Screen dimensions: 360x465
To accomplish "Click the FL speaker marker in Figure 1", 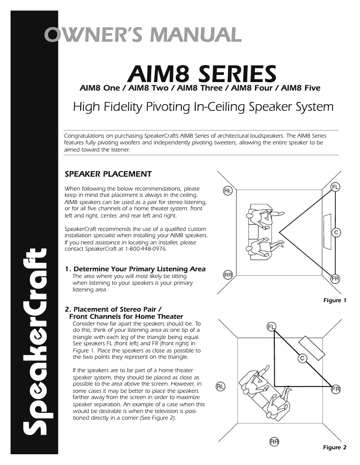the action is pos(335,187).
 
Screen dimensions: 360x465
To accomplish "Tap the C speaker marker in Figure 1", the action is pos(335,232).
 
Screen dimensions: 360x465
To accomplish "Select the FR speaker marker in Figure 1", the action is pos(335,278).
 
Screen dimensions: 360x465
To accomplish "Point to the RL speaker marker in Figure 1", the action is pos(228,191).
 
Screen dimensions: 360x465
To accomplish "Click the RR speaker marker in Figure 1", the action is pos(228,275).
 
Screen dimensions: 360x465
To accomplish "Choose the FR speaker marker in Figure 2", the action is pos(336,389).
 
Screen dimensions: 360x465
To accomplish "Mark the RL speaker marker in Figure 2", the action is pos(220,386).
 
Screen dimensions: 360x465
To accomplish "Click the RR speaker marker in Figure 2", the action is pos(274,442).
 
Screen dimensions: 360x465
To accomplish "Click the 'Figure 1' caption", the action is pos(335,300).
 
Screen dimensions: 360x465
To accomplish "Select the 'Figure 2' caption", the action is pos(335,447).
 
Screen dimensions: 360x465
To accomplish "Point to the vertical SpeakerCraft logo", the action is pos(35,341).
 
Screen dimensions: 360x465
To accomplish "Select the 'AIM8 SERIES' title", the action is pos(202,73).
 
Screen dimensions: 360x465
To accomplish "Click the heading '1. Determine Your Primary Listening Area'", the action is pos(135,269).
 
